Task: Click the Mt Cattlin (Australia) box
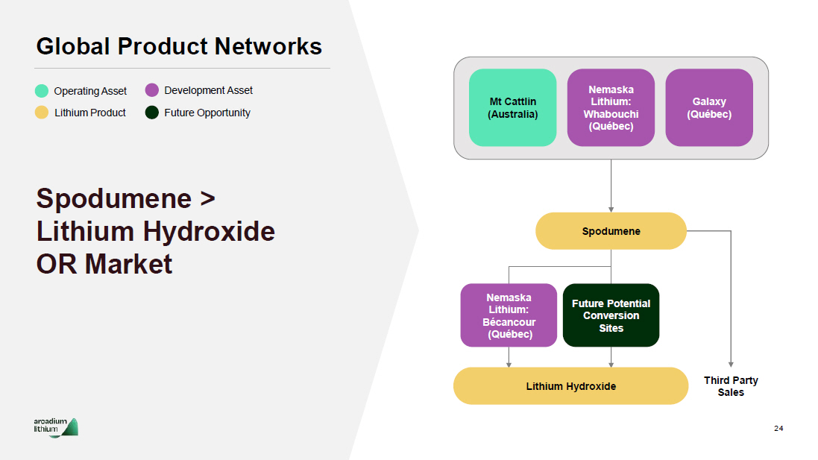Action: (x=512, y=107)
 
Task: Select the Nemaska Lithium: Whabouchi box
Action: (x=611, y=107)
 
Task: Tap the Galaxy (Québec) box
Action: (x=708, y=107)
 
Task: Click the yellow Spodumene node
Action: (x=611, y=231)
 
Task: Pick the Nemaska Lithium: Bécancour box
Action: (x=509, y=315)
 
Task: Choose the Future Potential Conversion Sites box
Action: (x=611, y=315)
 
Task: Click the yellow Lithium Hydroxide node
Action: (x=570, y=386)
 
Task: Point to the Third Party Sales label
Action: (x=731, y=386)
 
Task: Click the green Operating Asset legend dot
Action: (x=42, y=91)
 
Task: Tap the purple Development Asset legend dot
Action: (x=152, y=90)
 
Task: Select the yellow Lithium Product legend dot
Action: (x=42, y=113)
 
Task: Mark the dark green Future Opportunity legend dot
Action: (x=152, y=113)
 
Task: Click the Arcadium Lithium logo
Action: (x=56, y=427)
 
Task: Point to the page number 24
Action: (x=778, y=428)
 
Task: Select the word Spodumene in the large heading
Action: (x=114, y=199)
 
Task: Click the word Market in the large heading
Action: (x=128, y=264)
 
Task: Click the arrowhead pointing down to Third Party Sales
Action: (x=731, y=364)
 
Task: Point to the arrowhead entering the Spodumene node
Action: (x=611, y=209)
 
